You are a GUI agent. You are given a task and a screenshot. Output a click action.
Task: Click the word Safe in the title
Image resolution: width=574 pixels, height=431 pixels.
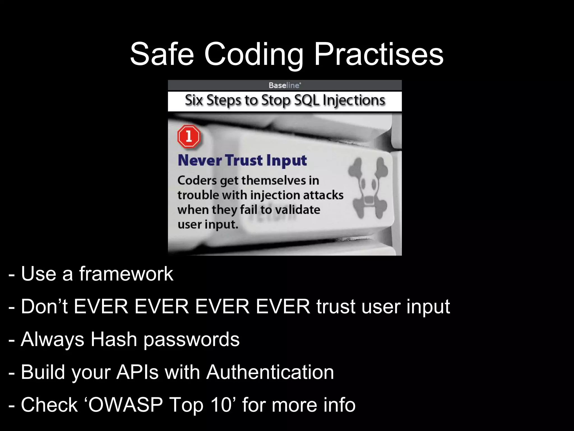pyautogui.click(x=162, y=54)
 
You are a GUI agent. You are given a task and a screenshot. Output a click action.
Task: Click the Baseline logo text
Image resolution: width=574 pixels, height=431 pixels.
pyautogui.click(x=284, y=85)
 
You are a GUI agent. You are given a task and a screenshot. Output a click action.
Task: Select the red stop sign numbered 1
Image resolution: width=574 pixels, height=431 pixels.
pyautogui.click(x=189, y=137)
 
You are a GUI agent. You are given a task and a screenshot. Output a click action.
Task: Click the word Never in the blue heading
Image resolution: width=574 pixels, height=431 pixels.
pyautogui.click(x=200, y=161)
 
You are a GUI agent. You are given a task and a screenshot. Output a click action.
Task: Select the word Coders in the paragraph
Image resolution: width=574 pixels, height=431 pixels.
pyautogui.click(x=197, y=180)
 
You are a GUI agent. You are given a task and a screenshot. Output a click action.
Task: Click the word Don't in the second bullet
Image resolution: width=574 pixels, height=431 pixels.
pyautogui.click(x=44, y=306)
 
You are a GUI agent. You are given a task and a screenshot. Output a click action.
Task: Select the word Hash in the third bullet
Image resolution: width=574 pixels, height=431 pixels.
pyautogui.click(x=114, y=339)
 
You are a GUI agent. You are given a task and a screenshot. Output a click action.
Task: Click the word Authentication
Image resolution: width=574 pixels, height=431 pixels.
pyautogui.click(x=270, y=372)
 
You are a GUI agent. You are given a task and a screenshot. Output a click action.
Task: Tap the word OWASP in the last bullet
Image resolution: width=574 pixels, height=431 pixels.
pyautogui.click(x=126, y=405)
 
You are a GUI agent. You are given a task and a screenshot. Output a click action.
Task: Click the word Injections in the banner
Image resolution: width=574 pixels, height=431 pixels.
pyautogui.click(x=354, y=100)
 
